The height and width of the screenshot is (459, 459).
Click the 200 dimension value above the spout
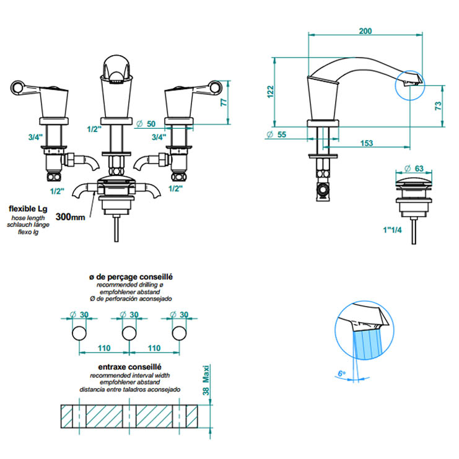coord(365,31)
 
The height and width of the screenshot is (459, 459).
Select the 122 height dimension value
coord(270,92)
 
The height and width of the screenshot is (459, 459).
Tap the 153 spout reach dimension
coord(367,143)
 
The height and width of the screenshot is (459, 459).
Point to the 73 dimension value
coord(438,106)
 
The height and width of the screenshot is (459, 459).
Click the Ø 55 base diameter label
coord(276,134)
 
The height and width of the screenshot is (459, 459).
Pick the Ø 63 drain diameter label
coord(414,168)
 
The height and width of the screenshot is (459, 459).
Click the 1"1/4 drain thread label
coord(392,230)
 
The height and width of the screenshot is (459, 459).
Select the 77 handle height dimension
coord(224,102)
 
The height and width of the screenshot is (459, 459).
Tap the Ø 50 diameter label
coord(146,124)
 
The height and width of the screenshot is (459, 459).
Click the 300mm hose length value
coord(70,217)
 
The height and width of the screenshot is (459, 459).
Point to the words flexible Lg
coord(28,209)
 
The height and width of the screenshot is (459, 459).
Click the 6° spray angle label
coord(341,374)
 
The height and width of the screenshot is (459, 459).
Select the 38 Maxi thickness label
coord(206,380)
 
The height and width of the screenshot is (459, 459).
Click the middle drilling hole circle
coord(129,333)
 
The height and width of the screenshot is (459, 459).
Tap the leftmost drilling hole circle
coord(79,333)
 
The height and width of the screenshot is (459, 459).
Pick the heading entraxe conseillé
coord(129,367)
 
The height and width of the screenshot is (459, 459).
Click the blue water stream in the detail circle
coord(368,344)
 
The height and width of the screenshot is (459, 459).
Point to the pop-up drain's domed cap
coord(414,181)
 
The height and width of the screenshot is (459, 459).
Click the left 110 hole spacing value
coord(104,348)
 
